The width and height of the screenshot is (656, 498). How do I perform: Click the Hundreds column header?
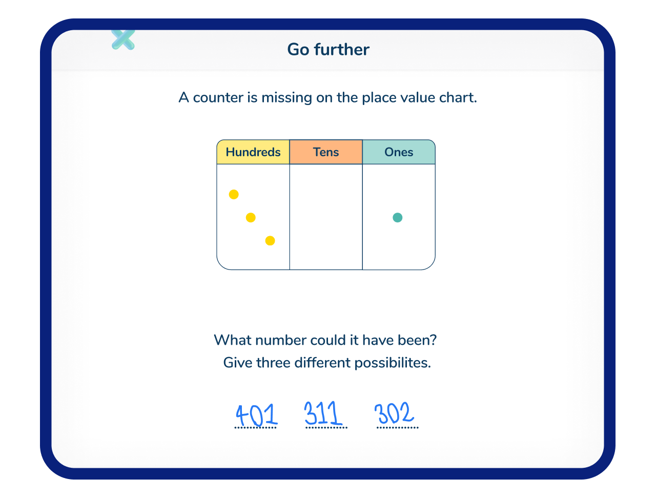[x=253, y=152]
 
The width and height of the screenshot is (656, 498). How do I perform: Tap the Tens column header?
[x=326, y=152]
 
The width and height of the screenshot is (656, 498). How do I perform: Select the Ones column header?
[x=399, y=152]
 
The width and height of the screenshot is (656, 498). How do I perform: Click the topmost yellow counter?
[x=234, y=195]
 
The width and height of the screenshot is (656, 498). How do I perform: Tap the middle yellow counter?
[x=251, y=217]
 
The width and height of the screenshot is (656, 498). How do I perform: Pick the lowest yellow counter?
[x=270, y=241]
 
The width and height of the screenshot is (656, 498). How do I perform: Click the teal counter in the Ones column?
[x=398, y=217]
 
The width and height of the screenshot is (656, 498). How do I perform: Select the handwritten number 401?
[x=257, y=415]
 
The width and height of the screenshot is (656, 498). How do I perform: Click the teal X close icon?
[x=123, y=39]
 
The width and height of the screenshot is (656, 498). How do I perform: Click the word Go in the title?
[x=298, y=50]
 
